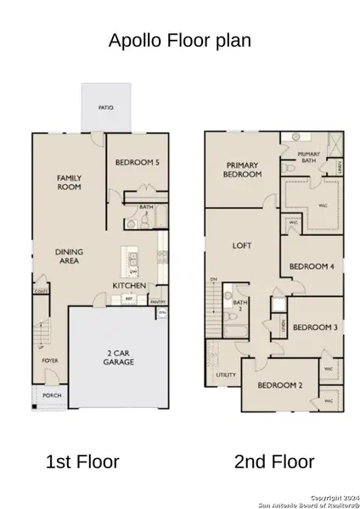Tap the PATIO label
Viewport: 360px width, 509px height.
coord(107,108)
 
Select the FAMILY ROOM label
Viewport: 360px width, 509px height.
coord(69,182)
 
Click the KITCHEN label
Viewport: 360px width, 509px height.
coord(131,286)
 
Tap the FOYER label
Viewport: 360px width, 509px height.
coord(50,361)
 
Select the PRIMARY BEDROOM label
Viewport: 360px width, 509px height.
coord(240,170)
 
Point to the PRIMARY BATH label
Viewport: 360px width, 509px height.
coord(307,158)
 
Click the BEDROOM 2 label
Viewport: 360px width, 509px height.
coord(280,386)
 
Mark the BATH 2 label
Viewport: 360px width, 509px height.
coord(239,305)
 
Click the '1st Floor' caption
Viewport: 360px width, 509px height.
coord(82,461)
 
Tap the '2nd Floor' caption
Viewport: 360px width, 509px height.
coord(273,461)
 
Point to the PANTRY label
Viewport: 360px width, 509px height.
coord(157,301)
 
